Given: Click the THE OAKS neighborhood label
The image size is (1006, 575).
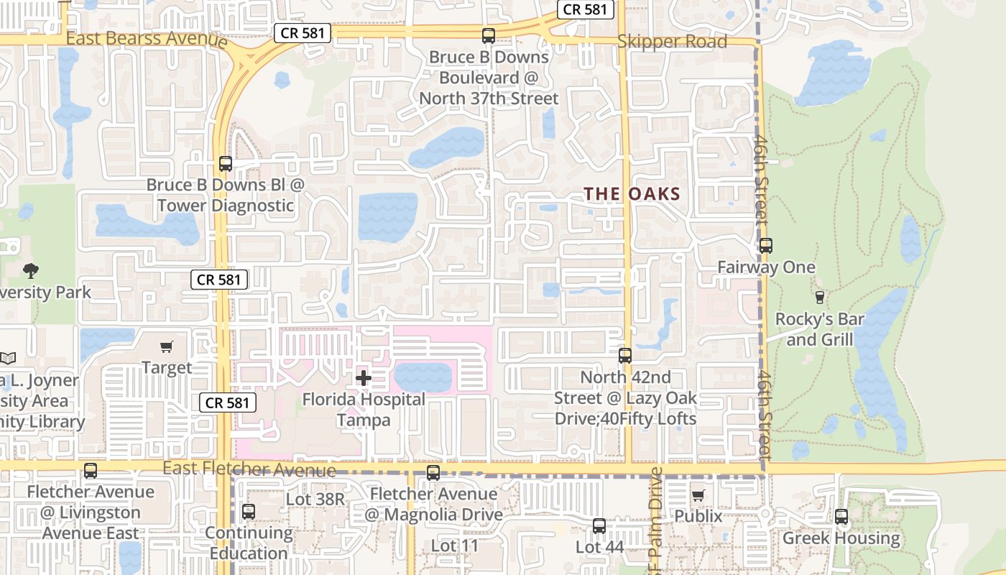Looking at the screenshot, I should pos(632,193).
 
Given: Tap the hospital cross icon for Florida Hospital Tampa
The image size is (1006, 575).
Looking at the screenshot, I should pos(364,378).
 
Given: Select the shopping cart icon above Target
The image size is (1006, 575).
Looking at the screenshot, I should pos(167,347).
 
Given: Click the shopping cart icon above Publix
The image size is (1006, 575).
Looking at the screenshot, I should pos(698,495).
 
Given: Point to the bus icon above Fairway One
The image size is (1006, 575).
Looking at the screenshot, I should pos(766,246).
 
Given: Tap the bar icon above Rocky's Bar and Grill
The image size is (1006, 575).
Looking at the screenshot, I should pos(819,297).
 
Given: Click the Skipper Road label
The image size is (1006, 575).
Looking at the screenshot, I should pos(673,42).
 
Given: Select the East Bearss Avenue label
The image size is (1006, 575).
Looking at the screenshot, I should pos(147,38).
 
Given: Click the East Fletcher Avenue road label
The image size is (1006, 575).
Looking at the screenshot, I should pos(249,469).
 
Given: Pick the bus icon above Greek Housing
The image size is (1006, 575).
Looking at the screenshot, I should pos(841,516).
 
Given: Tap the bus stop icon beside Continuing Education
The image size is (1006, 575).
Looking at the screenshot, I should pos(249,512).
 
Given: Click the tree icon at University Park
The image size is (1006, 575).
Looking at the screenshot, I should pos(30,271).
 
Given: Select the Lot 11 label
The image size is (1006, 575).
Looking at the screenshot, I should pos(454,546).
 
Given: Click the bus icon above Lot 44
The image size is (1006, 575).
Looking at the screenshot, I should pos(599,525).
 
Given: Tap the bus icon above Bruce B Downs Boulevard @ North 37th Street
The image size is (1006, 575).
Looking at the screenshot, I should pos(489,35).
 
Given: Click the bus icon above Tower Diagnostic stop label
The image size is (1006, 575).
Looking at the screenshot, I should pos(226,164).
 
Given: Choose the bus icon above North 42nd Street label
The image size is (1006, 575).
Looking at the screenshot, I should pos(625,355).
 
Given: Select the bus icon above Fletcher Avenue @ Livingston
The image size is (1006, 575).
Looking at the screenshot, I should pos(90,471).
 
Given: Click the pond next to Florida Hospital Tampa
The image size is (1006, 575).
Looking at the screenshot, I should pos(423,377).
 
